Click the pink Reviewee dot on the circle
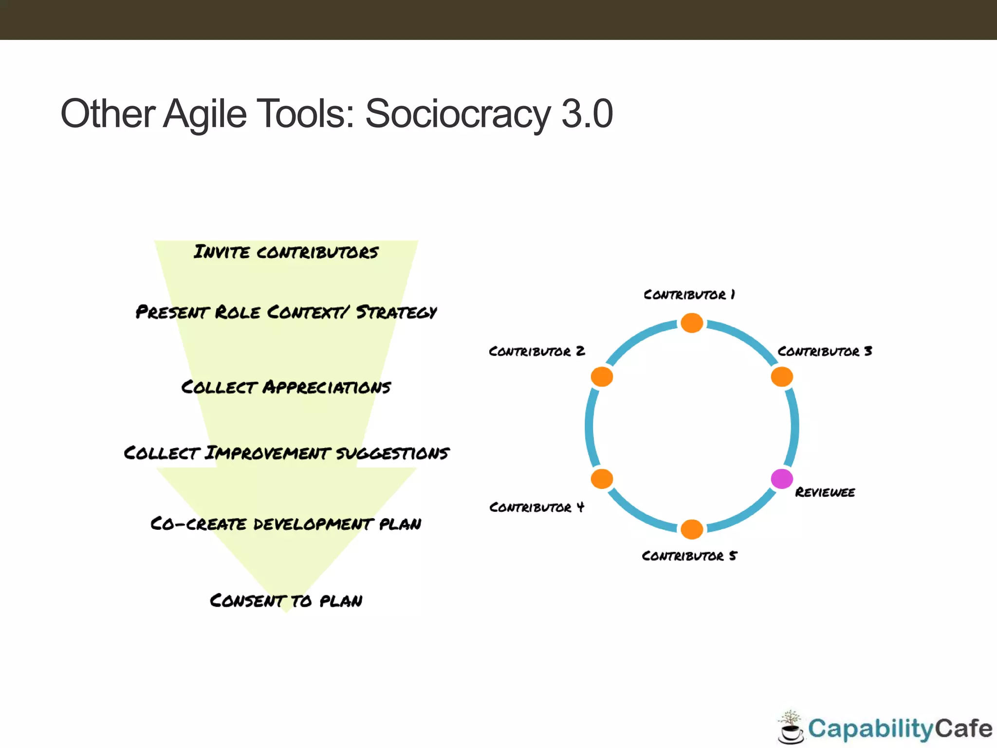(x=782, y=479)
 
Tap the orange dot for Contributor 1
(x=692, y=323)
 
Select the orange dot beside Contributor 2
(x=602, y=376)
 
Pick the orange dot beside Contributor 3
(x=782, y=376)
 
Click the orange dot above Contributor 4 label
(x=602, y=479)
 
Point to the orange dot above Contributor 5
(x=692, y=529)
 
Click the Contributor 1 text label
(x=689, y=295)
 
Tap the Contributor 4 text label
(x=536, y=507)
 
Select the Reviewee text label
(x=825, y=492)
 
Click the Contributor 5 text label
(x=689, y=556)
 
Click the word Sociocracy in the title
(x=458, y=114)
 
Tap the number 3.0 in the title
(x=587, y=114)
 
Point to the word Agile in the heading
(x=204, y=114)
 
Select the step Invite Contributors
(x=286, y=252)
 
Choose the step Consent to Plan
(x=286, y=600)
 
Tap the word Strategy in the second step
(x=396, y=312)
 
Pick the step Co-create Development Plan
(x=286, y=524)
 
